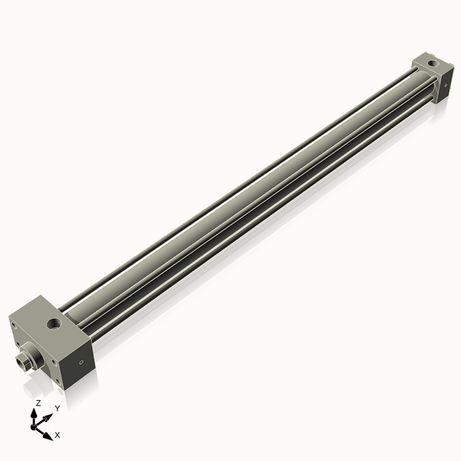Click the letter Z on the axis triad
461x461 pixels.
38,403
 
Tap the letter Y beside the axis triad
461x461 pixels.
57,408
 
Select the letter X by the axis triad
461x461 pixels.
58,435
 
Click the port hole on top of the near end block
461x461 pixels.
54,325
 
